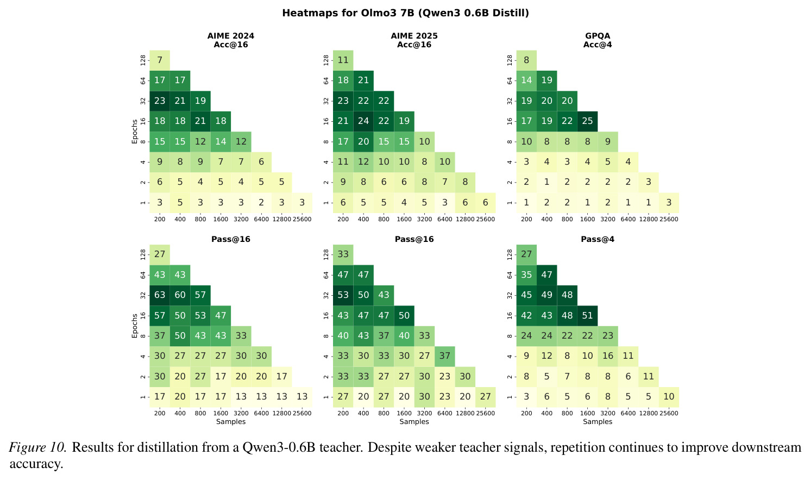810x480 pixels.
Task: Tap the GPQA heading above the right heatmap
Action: tap(598, 36)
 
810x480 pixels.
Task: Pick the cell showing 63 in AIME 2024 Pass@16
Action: tap(160, 295)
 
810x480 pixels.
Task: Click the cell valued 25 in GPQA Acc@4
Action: tap(587, 121)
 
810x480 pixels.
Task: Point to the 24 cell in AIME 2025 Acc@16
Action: tap(363, 121)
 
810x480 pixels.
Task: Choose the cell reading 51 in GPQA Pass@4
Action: tap(587, 315)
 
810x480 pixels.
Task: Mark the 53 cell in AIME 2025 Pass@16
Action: tap(343, 295)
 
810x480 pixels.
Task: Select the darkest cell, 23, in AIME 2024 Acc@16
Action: tap(160, 101)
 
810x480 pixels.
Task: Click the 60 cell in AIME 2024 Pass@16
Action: tap(180, 295)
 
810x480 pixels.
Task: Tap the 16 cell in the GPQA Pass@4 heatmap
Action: tap(607, 356)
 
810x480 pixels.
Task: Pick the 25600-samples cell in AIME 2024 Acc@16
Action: tap(302, 203)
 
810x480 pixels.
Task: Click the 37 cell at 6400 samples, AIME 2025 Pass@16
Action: tap(445, 356)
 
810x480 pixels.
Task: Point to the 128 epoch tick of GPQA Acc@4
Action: tap(510, 60)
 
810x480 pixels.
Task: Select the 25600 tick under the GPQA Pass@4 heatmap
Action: tap(669, 413)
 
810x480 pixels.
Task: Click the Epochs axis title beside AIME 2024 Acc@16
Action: tap(135, 132)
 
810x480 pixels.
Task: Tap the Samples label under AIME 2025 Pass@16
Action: tap(414, 422)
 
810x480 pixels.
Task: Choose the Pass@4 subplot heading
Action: tap(598, 239)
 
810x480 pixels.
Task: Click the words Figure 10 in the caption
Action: tap(37, 447)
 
